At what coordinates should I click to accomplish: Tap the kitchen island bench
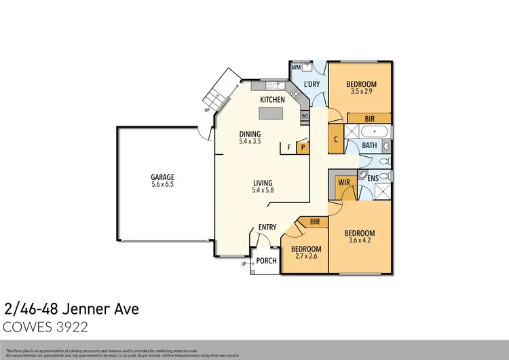pos(273,113)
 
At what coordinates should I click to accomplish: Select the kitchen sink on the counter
pos(274,86)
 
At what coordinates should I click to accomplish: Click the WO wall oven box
pos(305,115)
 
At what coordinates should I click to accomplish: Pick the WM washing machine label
pos(296,67)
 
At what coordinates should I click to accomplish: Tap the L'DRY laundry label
pos(312,84)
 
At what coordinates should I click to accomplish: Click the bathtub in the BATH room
pos(372,132)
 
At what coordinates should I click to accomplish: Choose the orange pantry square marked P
pos(303,146)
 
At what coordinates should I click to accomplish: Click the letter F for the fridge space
pos(288,146)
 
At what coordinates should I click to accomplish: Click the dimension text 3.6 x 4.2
pos(361,240)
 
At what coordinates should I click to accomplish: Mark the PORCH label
pos(265,261)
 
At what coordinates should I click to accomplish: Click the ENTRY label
pos(267,228)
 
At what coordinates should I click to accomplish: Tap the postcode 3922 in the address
pos(74,327)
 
